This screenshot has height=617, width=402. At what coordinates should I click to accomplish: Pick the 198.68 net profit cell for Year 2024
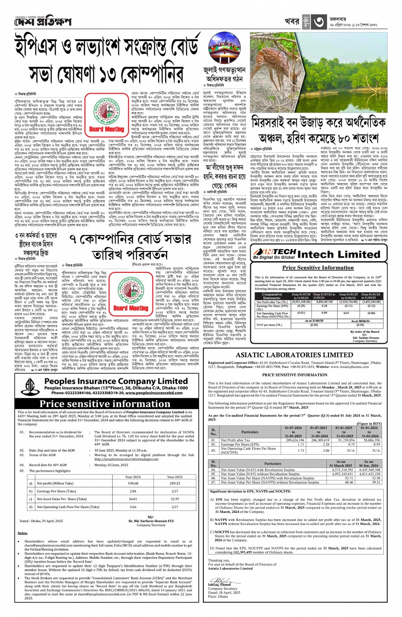coord(133,483)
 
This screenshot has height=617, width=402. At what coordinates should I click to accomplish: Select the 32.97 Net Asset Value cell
coord(175,499)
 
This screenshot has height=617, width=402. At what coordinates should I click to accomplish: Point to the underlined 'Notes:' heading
coord(23,533)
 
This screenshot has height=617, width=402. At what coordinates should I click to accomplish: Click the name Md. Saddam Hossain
coord(365,338)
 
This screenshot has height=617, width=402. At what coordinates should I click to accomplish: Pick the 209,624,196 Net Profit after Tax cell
coord(295,440)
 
